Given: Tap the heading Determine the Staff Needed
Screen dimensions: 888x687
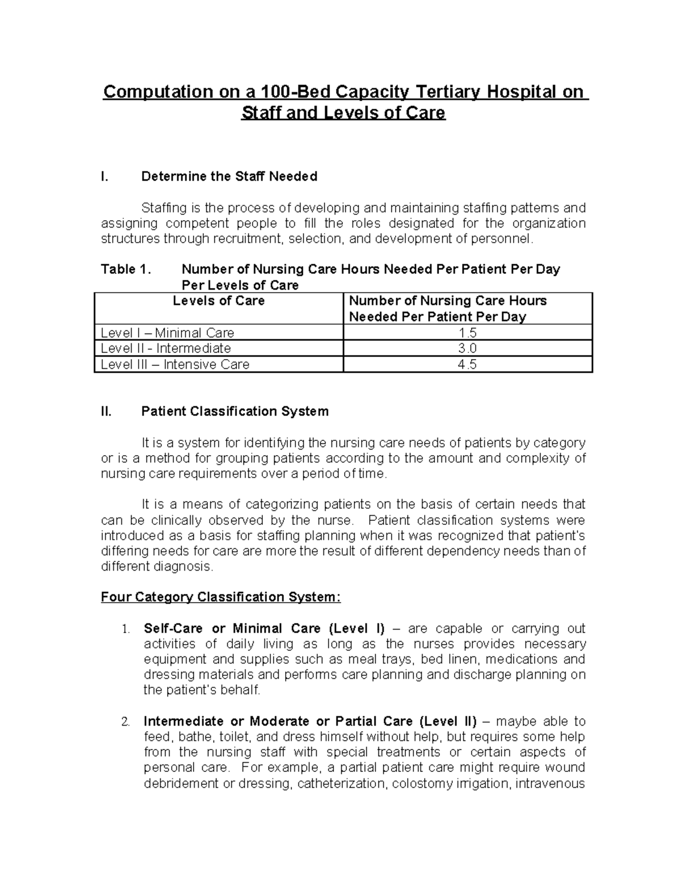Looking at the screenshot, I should [229, 177].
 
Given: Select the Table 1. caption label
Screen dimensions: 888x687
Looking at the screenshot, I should [125, 269].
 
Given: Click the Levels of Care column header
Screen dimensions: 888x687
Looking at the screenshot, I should [219, 301].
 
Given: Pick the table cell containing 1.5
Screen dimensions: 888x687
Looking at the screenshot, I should [467, 333].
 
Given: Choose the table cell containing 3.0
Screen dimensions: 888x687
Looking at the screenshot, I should [467, 349].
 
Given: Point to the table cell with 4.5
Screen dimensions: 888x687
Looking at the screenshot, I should [467, 365].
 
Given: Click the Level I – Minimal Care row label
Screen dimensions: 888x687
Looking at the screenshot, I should [167, 333].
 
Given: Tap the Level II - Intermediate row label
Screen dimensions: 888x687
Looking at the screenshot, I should [165, 349].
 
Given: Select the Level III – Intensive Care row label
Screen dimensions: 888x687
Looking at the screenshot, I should [175, 365].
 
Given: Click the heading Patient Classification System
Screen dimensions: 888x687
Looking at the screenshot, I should [235, 412].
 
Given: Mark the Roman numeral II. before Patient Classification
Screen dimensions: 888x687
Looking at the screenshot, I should [106, 412].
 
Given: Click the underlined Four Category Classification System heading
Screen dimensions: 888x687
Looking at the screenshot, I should [220, 598].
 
